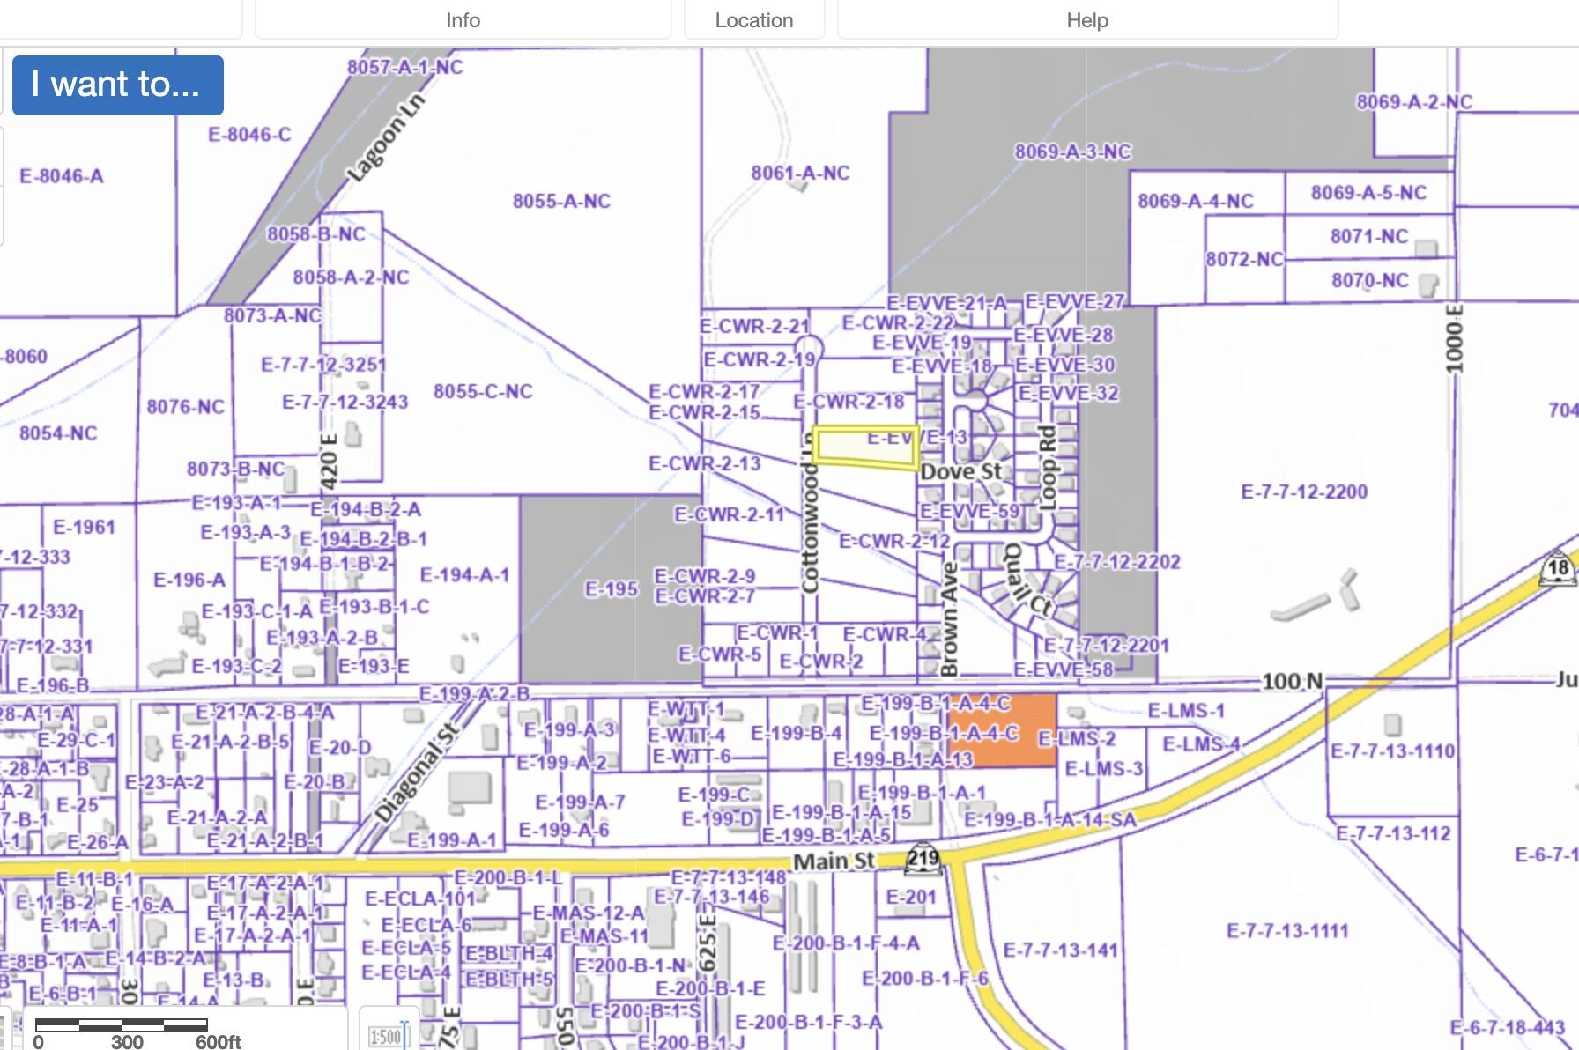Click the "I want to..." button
[117, 85]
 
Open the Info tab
[463, 20]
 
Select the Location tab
[754, 20]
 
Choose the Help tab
[1087, 20]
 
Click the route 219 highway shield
[923, 859]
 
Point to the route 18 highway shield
[1558, 568]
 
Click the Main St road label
[834, 861]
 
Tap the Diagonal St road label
[417, 774]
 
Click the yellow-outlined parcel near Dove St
[864, 447]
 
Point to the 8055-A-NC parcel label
[561, 202]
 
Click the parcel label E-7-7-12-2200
[1304, 492]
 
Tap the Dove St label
[960, 472]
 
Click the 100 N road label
[1292, 681]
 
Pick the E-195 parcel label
[611, 588]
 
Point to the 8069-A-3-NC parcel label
[1072, 152]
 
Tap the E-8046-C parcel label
[249, 135]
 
